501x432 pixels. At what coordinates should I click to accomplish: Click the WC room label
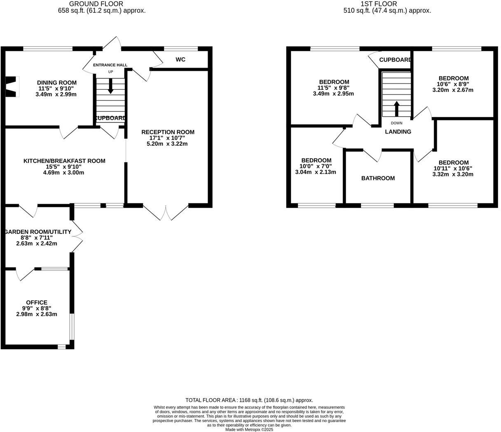180,60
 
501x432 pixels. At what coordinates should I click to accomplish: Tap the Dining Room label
57,82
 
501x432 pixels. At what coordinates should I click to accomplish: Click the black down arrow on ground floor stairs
110,85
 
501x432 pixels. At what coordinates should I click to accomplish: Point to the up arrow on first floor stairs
397,109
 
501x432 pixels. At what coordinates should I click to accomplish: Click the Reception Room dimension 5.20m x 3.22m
167,144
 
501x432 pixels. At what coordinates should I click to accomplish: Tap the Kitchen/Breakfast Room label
64,161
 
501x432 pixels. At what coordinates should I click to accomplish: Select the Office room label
37,302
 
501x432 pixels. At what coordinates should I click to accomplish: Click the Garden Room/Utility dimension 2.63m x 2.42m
37,243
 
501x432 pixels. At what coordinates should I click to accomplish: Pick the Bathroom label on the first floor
378,178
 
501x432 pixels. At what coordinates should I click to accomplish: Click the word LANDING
398,132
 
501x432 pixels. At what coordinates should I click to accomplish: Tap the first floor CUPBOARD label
395,60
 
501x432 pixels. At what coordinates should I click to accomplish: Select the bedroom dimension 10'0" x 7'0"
316,166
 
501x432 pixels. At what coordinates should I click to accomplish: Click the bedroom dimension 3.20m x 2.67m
453,90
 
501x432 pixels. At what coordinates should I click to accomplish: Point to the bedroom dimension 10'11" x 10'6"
453,168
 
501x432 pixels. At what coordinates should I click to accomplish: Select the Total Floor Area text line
249,400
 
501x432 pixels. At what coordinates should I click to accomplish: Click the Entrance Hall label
110,65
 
